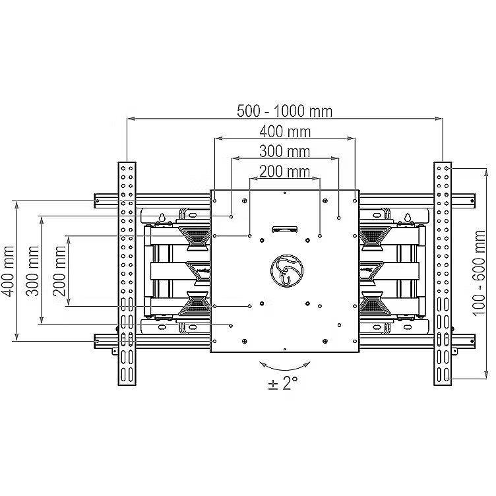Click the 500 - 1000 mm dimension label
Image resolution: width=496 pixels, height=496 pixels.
tap(284, 111)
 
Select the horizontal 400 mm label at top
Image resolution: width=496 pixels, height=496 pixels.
tap(285, 132)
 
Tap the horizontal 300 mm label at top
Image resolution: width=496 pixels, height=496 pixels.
tap(285, 152)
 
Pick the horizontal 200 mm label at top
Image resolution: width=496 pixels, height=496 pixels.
tap(285, 171)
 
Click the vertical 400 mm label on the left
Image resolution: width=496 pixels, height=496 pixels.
tap(8, 271)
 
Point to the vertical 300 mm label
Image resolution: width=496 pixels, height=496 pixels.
tap(32, 271)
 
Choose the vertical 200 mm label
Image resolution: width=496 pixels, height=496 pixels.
tap(59, 271)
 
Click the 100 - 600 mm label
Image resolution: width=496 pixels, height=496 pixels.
tap(479, 273)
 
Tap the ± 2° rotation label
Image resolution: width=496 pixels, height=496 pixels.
tap(283, 383)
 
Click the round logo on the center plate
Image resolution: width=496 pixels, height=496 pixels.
tap(287, 271)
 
